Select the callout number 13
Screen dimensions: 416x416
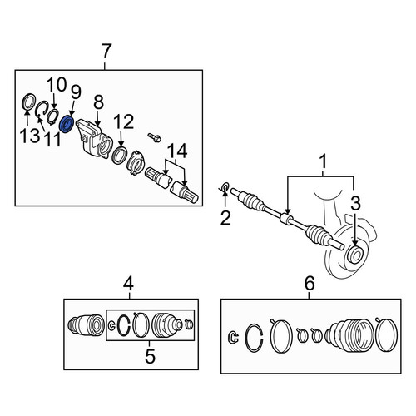point(30,136)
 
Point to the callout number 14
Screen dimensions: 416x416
point(177,151)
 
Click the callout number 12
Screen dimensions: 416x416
point(123,122)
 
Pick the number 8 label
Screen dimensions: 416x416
point(98,102)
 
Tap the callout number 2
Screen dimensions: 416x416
point(225,218)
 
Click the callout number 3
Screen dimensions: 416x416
point(355,203)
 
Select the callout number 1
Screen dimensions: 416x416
point(324,161)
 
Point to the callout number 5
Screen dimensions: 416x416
point(150,356)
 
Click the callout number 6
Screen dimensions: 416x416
point(310,283)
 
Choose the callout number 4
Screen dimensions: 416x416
point(129,285)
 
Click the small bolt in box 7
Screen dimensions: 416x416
point(154,137)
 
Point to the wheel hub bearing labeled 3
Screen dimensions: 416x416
point(355,255)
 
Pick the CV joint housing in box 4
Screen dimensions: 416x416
point(86,325)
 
